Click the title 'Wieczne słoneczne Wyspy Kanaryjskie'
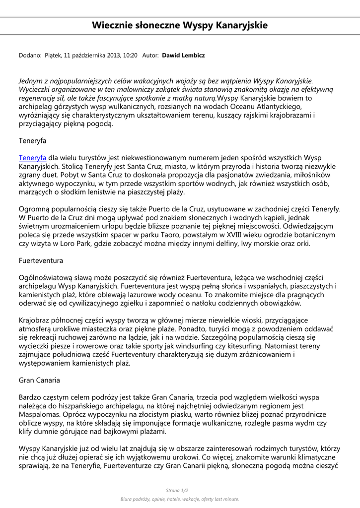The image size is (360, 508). [180, 25]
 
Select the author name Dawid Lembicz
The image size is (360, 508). [183, 56]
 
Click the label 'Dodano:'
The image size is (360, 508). [30, 56]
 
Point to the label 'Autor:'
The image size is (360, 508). [150, 56]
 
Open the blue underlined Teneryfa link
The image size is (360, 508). [32, 157]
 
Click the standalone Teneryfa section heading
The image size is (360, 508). [32, 140]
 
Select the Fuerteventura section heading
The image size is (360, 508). [41, 260]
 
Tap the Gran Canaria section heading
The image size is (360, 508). [39, 380]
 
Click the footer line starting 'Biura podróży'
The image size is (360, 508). [180, 499]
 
